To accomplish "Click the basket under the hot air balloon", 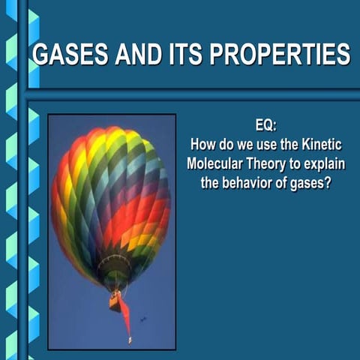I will click(115, 301).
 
